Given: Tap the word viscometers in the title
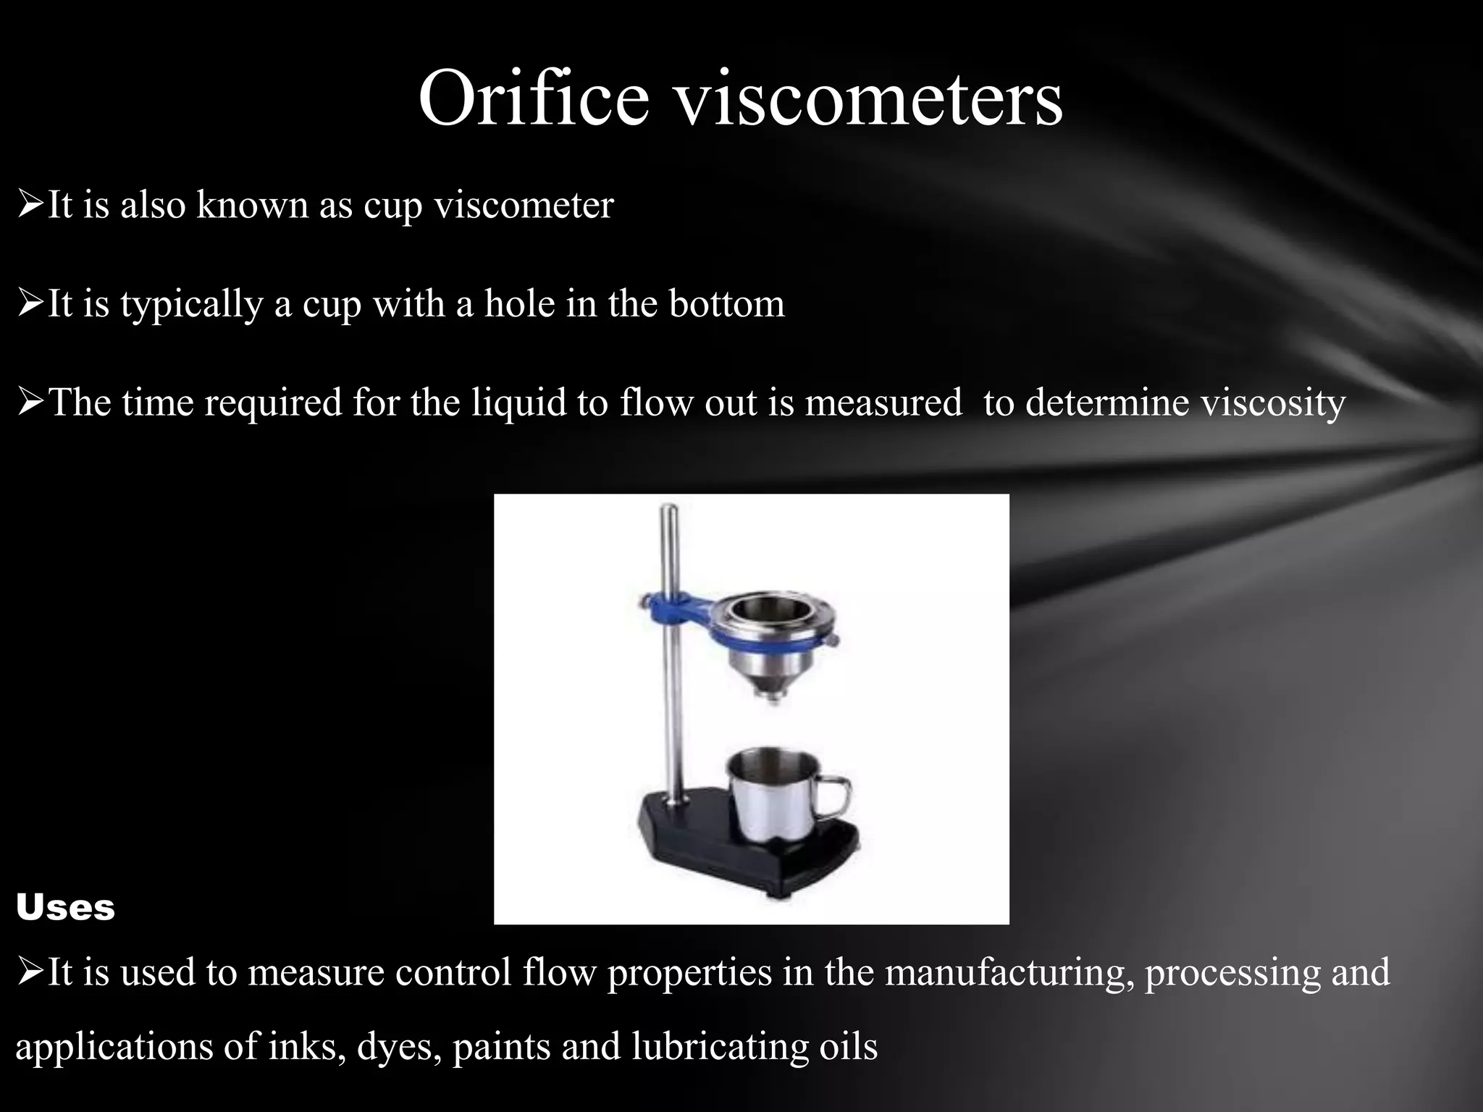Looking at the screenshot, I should coord(869,98).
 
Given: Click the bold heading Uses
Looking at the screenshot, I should coord(65,907).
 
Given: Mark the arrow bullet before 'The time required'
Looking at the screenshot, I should coord(30,402).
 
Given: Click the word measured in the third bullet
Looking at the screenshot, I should coord(883,402).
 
